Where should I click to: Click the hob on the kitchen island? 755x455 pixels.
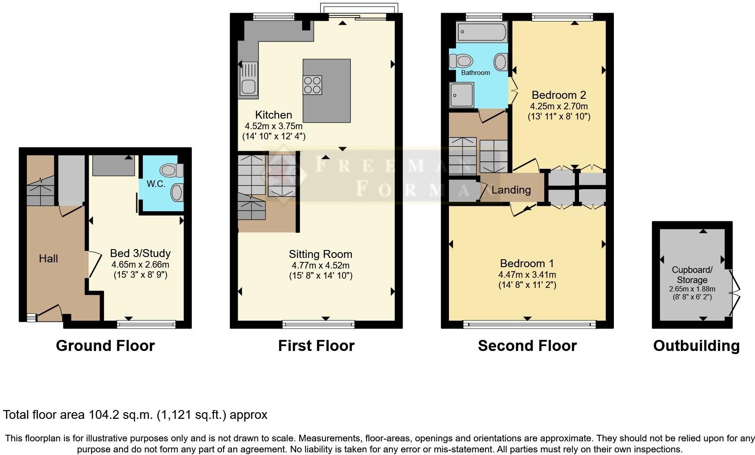click(312, 85)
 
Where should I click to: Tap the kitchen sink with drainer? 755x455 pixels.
click(249, 79)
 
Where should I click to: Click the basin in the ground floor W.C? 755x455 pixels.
click(177, 193)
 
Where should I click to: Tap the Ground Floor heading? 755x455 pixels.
click(105, 346)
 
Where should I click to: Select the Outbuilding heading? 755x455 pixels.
click(696, 346)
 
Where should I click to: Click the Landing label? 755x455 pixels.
click(511, 190)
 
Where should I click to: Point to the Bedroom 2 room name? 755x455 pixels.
click(558, 95)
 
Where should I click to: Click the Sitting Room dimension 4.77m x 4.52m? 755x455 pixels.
click(320, 265)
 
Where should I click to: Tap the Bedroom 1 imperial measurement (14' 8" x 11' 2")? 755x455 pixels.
click(527, 285)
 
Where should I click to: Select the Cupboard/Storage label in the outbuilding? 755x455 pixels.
click(691, 275)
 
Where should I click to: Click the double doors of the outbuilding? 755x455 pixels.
click(735, 291)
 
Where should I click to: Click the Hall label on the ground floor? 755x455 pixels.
click(48, 259)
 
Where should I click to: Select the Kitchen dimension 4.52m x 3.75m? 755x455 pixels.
click(273, 126)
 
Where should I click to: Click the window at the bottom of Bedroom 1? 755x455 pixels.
click(529, 325)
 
